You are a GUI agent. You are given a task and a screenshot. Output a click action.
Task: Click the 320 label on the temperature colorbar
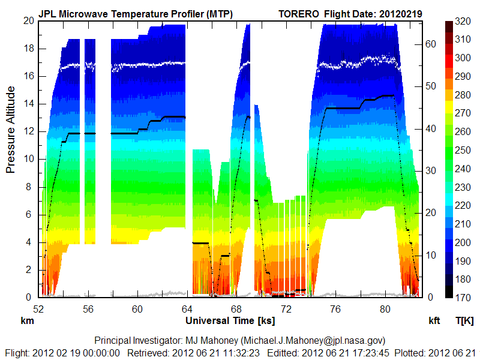[463, 21]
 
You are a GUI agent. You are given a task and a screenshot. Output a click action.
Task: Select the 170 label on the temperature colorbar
[463, 296]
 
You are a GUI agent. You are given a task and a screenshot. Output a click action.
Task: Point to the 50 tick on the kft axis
[431, 86]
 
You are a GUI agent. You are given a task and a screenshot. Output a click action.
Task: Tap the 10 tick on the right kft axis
[431, 255]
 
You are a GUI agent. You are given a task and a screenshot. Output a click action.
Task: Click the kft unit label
[434, 321]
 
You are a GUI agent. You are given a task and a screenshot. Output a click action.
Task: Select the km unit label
[26, 321]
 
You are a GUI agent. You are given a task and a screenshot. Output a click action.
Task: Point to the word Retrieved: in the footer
[146, 352]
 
